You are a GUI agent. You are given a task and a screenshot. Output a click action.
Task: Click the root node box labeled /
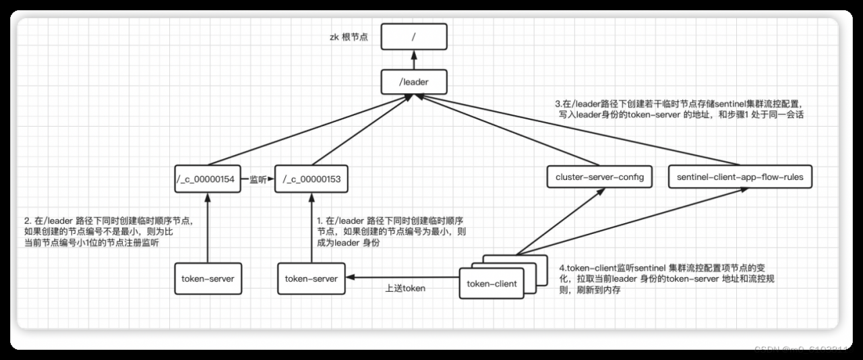[x=414, y=38]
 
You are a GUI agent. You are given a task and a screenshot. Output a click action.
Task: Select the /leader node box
[x=414, y=82]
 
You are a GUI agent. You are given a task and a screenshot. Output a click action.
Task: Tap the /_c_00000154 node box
[x=208, y=179]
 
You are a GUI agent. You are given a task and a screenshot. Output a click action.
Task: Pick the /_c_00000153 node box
[x=311, y=179]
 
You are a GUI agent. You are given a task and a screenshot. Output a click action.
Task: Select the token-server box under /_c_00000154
[x=208, y=278]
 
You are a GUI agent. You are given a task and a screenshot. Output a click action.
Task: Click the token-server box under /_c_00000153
[x=311, y=278]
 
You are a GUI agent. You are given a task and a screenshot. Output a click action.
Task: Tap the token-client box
[x=492, y=283]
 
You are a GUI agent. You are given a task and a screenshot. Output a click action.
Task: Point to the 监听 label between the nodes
[x=258, y=180]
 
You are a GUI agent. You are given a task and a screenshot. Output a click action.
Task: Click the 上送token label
[x=405, y=289]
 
